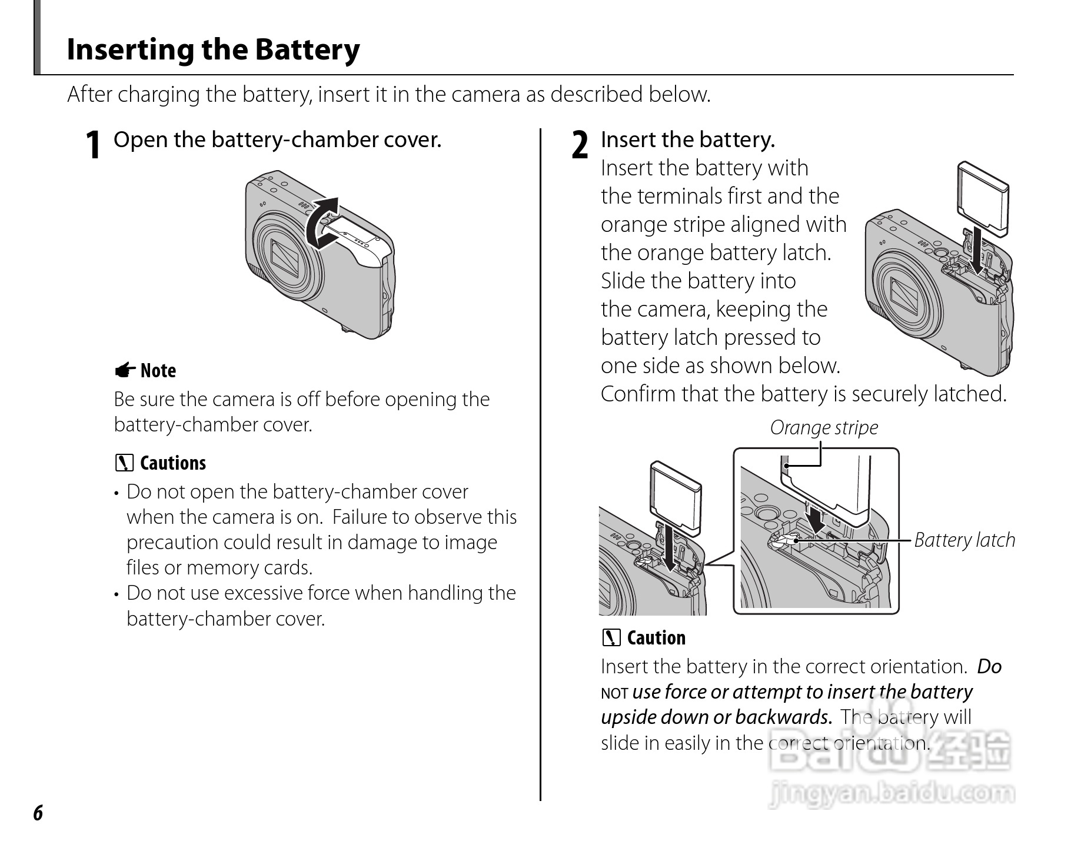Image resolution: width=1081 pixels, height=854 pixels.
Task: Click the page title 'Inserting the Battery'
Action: [x=213, y=49]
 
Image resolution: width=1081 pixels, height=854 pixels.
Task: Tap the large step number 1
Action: [x=92, y=145]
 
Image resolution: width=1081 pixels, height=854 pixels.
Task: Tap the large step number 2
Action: [x=580, y=145]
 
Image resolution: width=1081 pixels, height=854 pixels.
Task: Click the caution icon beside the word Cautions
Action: [x=124, y=463]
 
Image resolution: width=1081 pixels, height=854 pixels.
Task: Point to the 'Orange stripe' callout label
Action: [x=824, y=427]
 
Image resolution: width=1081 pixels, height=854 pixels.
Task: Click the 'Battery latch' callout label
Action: [x=964, y=540]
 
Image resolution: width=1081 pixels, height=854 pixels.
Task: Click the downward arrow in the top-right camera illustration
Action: [x=977, y=251]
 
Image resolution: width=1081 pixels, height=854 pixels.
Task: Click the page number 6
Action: [x=38, y=813]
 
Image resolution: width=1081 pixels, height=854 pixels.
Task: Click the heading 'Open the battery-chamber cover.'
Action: [x=277, y=139]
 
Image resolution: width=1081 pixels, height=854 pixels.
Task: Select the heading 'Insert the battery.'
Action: [x=688, y=139]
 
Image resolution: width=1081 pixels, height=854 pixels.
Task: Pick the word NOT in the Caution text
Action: [x=614, y=693]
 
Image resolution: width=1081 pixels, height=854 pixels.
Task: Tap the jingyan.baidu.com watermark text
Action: [x=891, y=794]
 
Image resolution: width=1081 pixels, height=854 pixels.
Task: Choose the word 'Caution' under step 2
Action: [x=656, y=638]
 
